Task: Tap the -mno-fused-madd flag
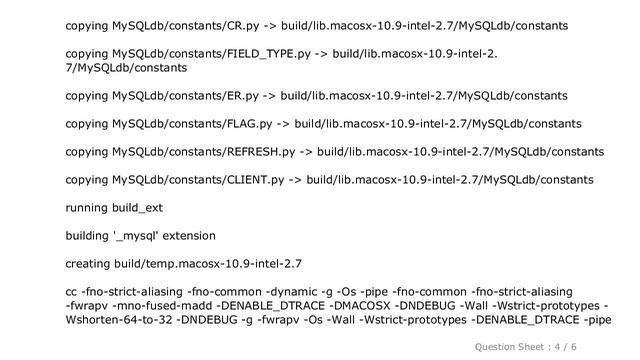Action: [157, 306]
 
